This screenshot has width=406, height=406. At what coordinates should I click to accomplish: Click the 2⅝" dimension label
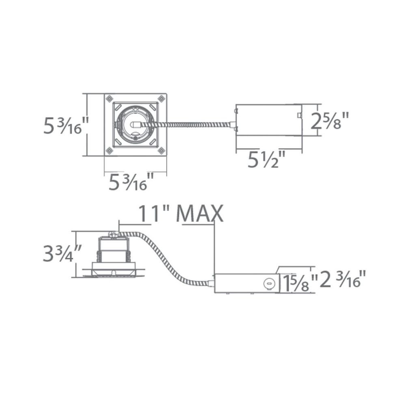(x=330, y=121)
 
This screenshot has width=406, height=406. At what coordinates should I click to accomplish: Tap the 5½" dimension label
(x=266, y=160)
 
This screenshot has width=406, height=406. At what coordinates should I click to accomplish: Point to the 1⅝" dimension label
(x=299, y=283)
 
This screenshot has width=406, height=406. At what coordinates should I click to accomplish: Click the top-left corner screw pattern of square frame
(x=110, y=99)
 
